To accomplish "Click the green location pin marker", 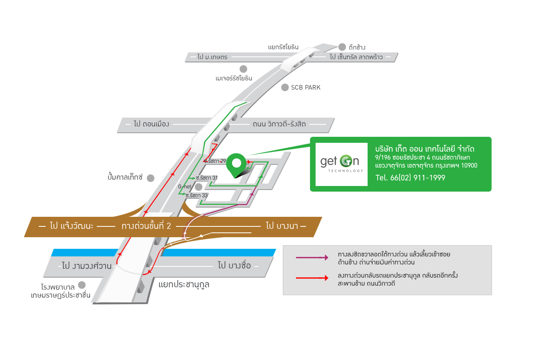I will pos(236,164).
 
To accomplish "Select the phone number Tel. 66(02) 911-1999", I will pos(410,178).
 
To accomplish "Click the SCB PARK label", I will pos(306,88).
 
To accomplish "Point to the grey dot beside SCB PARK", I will pos(285,87).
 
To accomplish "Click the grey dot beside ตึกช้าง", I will pos(342,47).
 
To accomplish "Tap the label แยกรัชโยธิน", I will pos(283,47).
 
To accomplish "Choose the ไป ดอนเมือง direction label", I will pos(151,124).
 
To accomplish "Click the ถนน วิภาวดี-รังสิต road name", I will pos(279,124).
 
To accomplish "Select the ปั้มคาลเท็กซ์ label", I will pos(125,177).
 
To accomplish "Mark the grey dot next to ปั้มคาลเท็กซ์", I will pos(150,178).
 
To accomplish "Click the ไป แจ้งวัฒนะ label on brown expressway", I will pos(72,226).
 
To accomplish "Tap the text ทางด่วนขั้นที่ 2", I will pos(146,226).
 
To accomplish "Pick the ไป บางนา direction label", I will pos(282,226).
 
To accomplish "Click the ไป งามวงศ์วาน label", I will pos(87,266).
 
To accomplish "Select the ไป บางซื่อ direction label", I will pos(234,265).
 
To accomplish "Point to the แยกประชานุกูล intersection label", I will pos(184,284).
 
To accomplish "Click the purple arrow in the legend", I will pos(312,258).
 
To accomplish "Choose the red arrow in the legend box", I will pos(312,278).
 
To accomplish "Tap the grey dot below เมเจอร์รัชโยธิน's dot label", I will pos(243,69).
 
